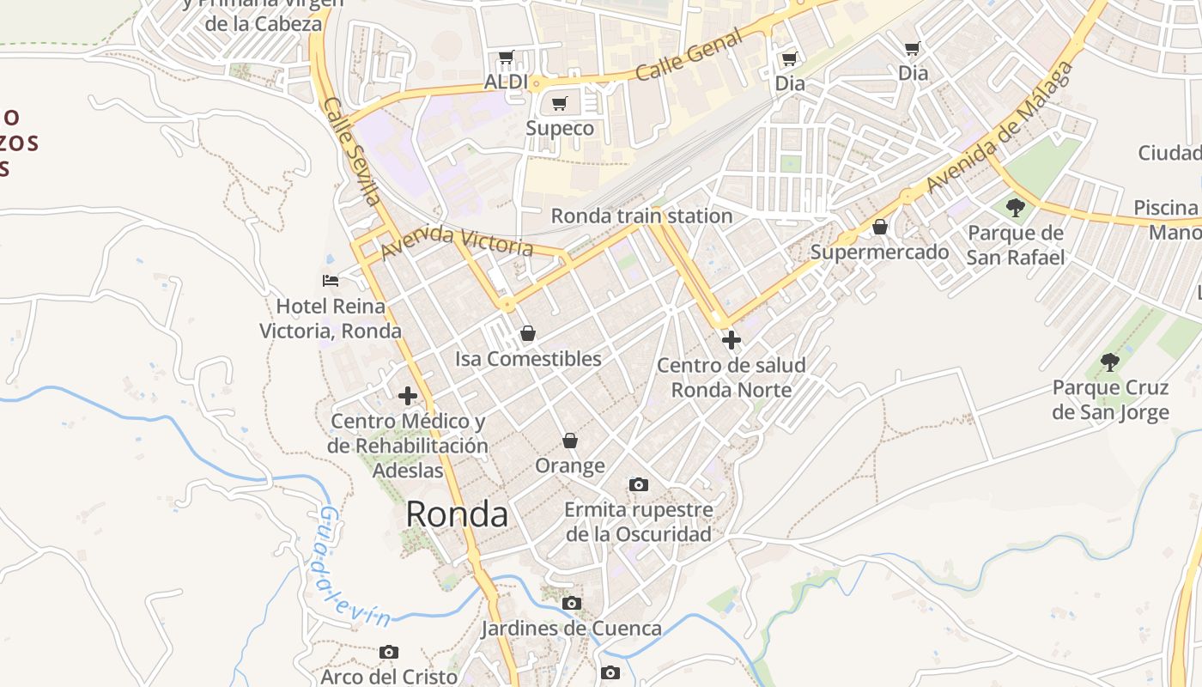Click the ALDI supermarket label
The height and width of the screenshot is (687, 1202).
tap(506, 82)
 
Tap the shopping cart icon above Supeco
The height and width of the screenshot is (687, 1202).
tap(560, 104)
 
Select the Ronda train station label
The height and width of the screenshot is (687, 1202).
tap(641, 216)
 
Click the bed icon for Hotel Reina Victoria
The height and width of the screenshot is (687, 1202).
tap(331, 280)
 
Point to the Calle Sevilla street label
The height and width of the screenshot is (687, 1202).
tap(352, 151)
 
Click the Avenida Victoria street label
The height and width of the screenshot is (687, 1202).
tap(457, 242)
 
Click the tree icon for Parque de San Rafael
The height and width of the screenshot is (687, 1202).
tap(1016, 207)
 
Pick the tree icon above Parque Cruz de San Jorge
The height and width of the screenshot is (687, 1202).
tap(1110, 362)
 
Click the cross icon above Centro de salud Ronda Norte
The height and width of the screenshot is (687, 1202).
tap(732, 340)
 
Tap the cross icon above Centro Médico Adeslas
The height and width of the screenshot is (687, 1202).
tap(408, 396)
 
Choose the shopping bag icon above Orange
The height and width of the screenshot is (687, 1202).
tap(570, 441)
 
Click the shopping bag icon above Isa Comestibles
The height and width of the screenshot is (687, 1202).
tap(528, 333)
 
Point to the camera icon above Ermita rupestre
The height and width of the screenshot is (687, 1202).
tap(638, 485)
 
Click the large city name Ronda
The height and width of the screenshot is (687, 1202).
tap(457, 514)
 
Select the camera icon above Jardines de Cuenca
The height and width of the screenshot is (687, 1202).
tap(572, 604)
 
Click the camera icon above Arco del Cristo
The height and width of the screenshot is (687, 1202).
tap(389, 653)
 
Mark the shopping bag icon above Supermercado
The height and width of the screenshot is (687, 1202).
tap(880, 227)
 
